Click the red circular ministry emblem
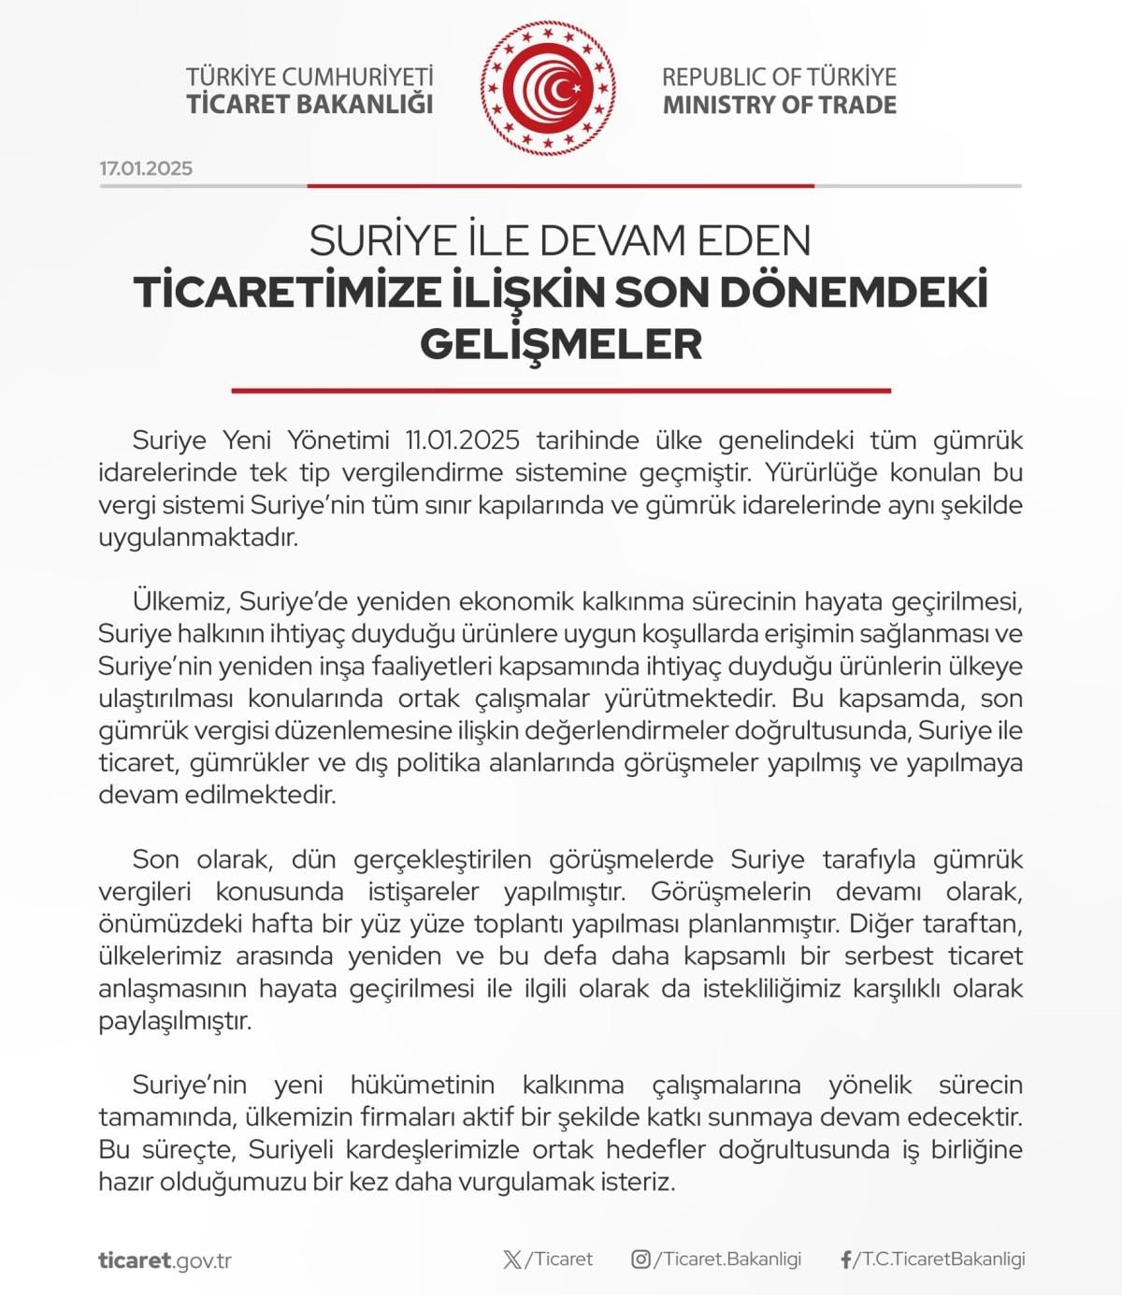pos(549,88)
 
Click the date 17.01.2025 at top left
pos(146,168)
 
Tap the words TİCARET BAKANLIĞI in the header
pos(309,104)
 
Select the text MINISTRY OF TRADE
pos(779,105)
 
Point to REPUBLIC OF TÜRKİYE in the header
pos(779,77)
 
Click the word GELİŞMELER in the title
pos(561,343)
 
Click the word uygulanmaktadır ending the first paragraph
pos(198,538)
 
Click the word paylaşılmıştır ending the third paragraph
pos(176,1020)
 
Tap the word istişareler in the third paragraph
pos(424,892)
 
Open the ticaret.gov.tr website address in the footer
pos(165,1260)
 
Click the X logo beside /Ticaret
pos(512,1259)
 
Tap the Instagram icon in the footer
pos(640,1259)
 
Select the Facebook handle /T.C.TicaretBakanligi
pos(941,1259)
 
